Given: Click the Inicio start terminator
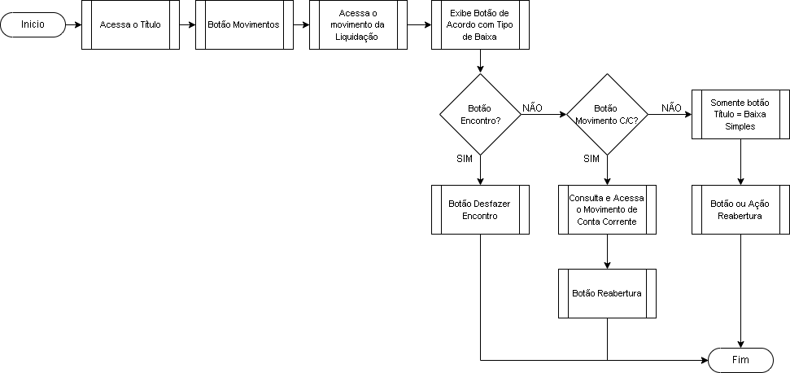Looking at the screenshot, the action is point(33,24).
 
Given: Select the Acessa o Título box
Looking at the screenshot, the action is point(130,24).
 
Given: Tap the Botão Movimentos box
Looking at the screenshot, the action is point(244,24).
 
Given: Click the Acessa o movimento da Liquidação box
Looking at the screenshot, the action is point(358,24).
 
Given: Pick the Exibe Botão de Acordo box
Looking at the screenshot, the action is point(480,24).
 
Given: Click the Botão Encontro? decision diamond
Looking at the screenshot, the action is point(480,114).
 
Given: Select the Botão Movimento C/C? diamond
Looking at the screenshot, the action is point(607,114).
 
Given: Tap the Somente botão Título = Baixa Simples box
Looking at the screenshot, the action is point(740,114).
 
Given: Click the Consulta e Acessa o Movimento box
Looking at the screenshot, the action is point(607,209).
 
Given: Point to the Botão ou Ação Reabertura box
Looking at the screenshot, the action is point(740,209).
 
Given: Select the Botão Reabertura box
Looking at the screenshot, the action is point(607,293).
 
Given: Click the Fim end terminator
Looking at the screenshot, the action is point(740,361).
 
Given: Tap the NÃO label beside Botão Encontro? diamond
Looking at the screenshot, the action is point(533,108).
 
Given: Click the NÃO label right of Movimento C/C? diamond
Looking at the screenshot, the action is point(671,108).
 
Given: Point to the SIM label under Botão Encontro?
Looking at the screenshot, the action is point(464,159).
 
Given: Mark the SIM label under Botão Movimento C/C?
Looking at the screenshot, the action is point(591,159).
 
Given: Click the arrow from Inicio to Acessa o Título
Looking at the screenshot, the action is point(73,24).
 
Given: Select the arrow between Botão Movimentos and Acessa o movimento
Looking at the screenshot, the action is point(301,24).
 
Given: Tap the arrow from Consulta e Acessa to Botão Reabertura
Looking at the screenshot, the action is point(607,252).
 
